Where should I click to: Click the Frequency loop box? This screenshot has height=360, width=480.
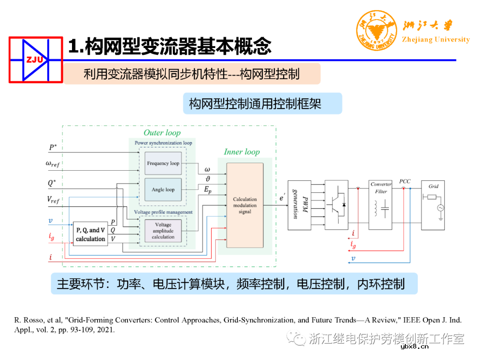pos(163,163)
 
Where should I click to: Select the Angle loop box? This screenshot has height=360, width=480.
pos(163,190)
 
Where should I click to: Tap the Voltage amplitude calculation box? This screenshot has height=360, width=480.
pos(163,231)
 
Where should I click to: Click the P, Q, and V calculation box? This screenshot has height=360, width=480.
pos(90,234)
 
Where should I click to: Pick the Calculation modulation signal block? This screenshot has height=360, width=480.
pos(245,205)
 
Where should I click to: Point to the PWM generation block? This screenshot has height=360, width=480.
pos(299,205)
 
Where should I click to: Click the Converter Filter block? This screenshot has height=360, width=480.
pos(380,205)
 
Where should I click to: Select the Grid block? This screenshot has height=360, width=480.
pos(433,205)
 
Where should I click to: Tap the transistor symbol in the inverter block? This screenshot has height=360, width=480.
pos(336,204)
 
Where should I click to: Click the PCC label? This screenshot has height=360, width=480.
pos(404,181)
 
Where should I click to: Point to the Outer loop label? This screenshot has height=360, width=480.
pos(162,133)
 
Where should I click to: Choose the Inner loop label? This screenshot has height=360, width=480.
pos(241,152)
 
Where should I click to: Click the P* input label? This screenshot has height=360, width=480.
pos(53,147)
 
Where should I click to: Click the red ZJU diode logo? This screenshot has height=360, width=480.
pos(35,60)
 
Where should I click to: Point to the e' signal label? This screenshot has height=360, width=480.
pos(282,199)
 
